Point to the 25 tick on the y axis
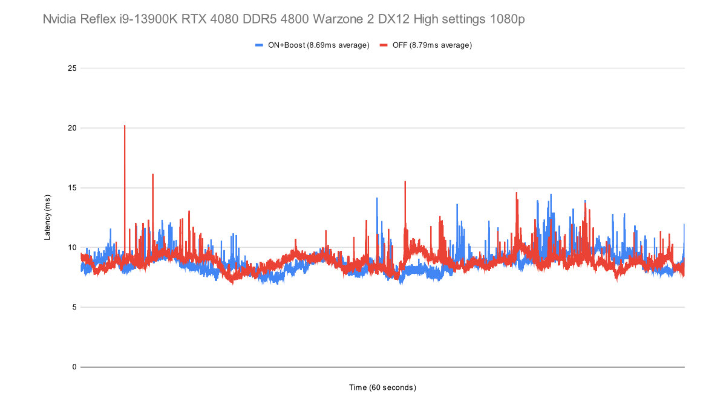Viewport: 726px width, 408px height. [x=72, y=68]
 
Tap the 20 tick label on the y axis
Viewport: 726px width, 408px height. [x=72, y=128]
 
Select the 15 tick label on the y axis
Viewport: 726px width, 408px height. [x=72, y=188]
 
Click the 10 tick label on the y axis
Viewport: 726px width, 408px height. [x=72, y=247]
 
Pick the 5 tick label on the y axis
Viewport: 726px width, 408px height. [x=74, y=307]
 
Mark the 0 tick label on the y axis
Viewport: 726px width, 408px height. [x=74, y=367]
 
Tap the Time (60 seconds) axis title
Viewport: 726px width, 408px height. [x=382, y=387]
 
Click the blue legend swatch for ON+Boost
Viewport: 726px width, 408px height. [x=259, y=45]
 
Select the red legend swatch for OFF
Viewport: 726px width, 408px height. [x=384, y=45]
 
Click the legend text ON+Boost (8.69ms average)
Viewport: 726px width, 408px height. [x=318, y=45]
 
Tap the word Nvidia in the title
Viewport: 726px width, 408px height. [x=60, y=20]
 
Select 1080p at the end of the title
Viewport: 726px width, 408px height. [x=507, y=20]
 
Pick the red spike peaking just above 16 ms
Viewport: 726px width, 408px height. [x=152, y=176]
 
